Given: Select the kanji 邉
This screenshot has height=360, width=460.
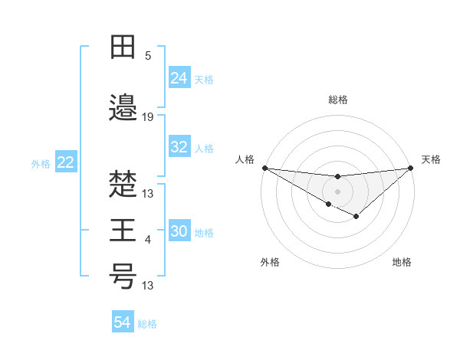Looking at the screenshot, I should click(x=123, y=108).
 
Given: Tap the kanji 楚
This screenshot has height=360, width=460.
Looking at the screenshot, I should click(x=123, y=185).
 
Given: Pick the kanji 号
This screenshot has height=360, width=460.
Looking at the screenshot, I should click(x=123, y=277).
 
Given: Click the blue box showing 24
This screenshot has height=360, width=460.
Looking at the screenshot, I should click(x=179, y=78).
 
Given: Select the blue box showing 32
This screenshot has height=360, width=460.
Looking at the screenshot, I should click(x=179, y=148).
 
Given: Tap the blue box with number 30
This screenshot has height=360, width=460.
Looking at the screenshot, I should click(x=179, y=232).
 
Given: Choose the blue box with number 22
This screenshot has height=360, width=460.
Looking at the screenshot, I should click(x=66, y=162).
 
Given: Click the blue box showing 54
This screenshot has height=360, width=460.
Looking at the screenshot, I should click(x=123, y=323).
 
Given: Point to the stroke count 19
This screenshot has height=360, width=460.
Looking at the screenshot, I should click(x=148, y=117).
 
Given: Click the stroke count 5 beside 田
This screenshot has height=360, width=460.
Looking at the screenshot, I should click(x=148, y=56).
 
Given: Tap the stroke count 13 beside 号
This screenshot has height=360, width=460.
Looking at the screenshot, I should click(x=148, y=286).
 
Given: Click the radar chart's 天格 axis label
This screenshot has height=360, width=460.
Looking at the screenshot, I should click(x=431, y=159).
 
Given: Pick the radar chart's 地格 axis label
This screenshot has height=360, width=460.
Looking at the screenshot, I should click(x=402, y=263).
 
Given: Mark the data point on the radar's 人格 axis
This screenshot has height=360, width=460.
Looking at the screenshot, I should click(x=264, y=168).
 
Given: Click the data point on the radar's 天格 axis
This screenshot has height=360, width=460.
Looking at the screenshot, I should click(x=411, y=168).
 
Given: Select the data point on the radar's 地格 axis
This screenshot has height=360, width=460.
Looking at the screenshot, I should click(x=356, y=217).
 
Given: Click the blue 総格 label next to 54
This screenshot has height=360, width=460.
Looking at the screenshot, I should click(x=147, y=324).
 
